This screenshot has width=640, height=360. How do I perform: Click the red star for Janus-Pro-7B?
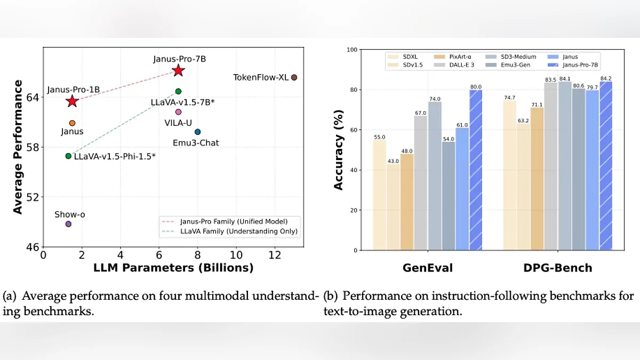178,70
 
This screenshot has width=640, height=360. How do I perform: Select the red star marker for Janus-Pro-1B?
72,101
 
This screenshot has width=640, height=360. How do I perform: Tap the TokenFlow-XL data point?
294,77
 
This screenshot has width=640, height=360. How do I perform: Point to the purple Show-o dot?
68,224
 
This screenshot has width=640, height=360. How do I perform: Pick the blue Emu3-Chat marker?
197,132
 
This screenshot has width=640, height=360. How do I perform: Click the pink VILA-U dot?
178,112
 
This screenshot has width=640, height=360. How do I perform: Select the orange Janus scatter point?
72,123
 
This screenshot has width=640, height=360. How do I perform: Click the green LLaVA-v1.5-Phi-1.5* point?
68,156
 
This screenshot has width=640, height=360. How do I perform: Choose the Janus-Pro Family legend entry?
229,221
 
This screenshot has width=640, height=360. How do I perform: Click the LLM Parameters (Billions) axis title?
173,268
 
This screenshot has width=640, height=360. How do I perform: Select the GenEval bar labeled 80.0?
476,170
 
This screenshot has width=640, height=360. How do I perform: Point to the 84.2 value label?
606,78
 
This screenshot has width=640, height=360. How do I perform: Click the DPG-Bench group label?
557,268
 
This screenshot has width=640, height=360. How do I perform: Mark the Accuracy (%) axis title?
339,150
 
